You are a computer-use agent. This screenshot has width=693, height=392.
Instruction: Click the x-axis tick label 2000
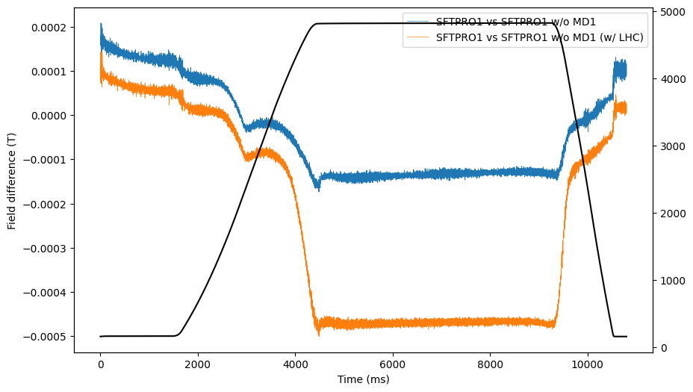point(198,364)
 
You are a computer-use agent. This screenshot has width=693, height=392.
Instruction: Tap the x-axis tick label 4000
point(295,364)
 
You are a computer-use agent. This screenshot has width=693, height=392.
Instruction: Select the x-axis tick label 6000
point(393,364)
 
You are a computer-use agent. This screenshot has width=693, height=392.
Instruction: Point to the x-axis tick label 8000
point(490,364)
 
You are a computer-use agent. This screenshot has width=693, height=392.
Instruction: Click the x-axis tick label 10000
point(588,364)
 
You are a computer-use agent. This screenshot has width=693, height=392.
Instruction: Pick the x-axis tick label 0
point(100,364)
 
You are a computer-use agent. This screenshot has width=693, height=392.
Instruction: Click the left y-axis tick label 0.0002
point(46,28)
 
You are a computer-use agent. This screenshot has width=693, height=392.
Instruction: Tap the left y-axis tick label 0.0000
point(46,116)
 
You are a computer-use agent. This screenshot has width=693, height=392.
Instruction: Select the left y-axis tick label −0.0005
point(44,337)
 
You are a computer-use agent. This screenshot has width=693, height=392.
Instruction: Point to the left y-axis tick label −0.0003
point(44,249)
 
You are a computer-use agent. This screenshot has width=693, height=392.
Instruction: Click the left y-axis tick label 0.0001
point(46,72)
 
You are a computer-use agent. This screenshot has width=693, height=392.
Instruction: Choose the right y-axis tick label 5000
point(670,12)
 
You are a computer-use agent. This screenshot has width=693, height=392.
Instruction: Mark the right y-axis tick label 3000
point(670,146)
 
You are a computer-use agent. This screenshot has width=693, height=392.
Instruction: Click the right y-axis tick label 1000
point(670,281)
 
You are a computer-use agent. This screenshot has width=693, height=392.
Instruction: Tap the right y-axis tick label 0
point(662,348)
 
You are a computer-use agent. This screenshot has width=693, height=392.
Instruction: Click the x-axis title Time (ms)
point(363,379)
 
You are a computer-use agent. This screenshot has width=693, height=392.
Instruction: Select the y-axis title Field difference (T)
point(12,181)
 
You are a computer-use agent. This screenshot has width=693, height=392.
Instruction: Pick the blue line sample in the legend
point(419,22)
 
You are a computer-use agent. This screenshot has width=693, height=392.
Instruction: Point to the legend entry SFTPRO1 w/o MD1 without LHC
point(515,22)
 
